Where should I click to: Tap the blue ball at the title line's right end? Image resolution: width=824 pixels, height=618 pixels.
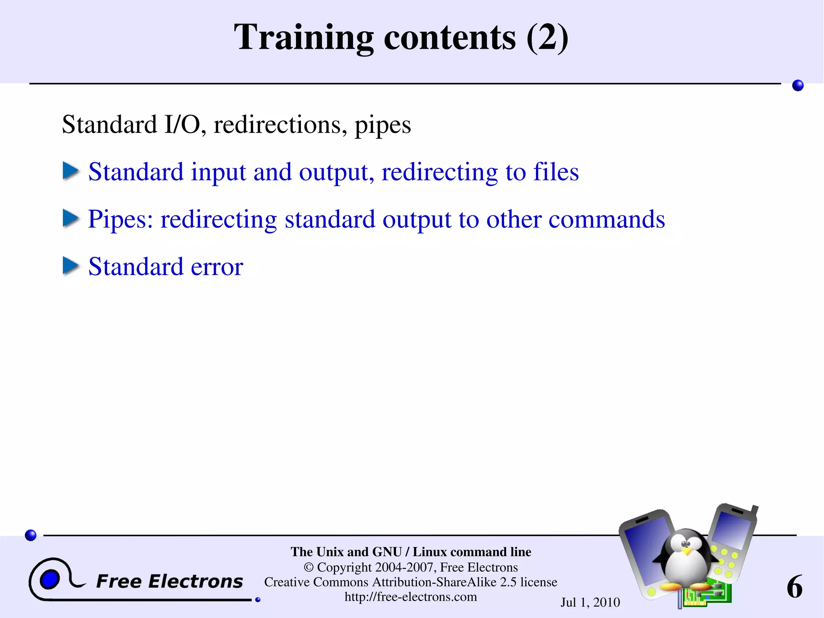point(797,85)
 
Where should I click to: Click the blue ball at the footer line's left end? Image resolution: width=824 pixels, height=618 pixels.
point(31,535)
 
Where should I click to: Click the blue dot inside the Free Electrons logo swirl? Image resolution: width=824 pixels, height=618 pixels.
point(50,580)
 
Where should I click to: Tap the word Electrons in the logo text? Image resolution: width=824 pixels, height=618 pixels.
point(196,581)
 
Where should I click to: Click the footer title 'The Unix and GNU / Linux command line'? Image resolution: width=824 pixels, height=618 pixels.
point(411,552)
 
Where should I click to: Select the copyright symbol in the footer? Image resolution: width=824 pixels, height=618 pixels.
point(309,567)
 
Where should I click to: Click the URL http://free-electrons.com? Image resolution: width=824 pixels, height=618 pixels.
point(411,597)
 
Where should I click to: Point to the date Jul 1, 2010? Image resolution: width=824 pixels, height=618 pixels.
point(590,602)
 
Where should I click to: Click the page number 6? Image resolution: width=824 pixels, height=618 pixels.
point(795,587)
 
